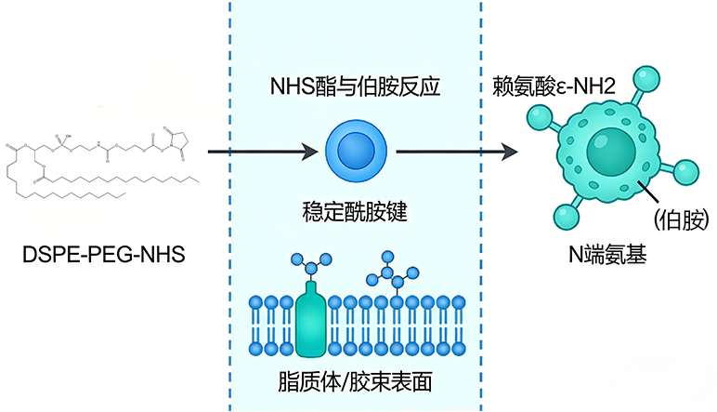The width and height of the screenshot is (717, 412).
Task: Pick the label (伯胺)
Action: (x=681, y=219)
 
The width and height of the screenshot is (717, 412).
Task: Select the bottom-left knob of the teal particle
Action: (x=564, y=218)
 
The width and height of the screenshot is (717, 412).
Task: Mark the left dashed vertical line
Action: (x=229, y=206)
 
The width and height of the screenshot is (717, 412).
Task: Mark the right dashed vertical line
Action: (x=480, y=206)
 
